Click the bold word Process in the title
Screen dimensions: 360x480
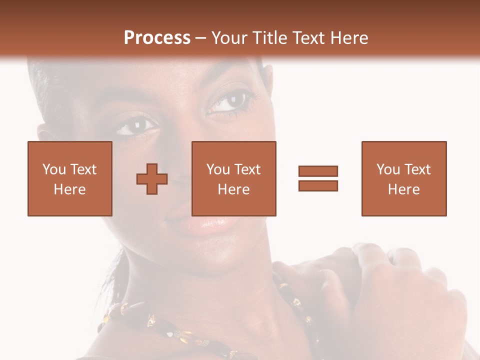157,38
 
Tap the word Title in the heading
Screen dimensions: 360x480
269,38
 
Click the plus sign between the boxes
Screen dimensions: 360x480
152,179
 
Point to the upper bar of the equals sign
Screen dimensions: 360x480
318,171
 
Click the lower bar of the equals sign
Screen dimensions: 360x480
318,185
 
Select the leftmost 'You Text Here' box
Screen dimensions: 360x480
69,178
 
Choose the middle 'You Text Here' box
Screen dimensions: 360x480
233,178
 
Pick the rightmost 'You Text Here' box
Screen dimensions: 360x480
403,178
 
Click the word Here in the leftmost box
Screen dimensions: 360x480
69,189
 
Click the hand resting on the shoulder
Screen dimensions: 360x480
390,290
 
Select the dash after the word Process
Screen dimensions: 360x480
201,38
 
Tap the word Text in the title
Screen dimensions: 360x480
309,38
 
